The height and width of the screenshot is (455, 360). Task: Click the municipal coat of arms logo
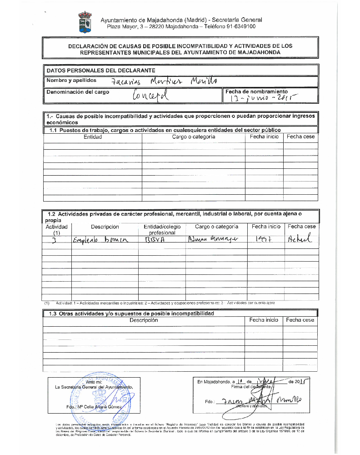pyautogui.click(x=85, y=23)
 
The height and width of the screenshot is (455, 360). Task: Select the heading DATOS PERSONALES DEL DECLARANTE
pyautogui.click(x=100, y=70)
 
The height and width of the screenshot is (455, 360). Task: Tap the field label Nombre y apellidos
pyautogui.click(x=71, y=81)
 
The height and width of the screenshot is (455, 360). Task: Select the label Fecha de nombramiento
pyautogui.click(x=256, y=91)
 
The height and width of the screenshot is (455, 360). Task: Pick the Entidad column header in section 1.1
pyautogui.click(x=93, y=136)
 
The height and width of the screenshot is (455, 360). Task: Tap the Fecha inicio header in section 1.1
pyautogui.click(x=264, y=136)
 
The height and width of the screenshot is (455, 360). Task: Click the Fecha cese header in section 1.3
pyautogui.click(x=300, y=320)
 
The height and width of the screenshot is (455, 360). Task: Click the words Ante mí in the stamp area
pyautogui.click(x=94, y=382)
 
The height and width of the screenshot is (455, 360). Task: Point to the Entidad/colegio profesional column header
pyautogui.click(x=162, y=229)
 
